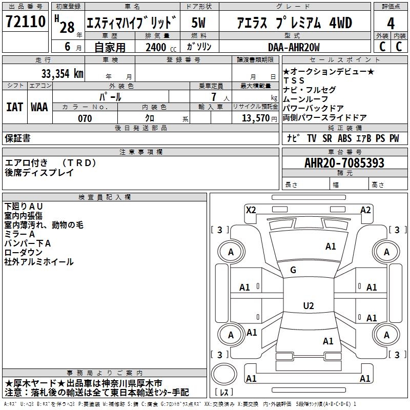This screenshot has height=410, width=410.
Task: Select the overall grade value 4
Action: coord(391,24)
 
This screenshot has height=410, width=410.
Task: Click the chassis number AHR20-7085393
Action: coord(344,163)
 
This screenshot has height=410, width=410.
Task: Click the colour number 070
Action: coord(85,118)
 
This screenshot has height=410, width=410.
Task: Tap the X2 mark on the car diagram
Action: coord(251,210)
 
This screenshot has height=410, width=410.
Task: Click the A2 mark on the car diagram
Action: coord(365,210)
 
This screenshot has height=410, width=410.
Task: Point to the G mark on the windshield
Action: coord(293,270)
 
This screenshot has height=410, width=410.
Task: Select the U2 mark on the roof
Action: coord(308,306)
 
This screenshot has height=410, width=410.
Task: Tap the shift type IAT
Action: coord(15,107)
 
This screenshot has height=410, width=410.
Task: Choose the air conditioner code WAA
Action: coord(39,107)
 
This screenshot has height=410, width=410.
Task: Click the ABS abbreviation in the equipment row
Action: coord(344,138)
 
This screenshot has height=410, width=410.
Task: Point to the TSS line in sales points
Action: coord(294,80)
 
